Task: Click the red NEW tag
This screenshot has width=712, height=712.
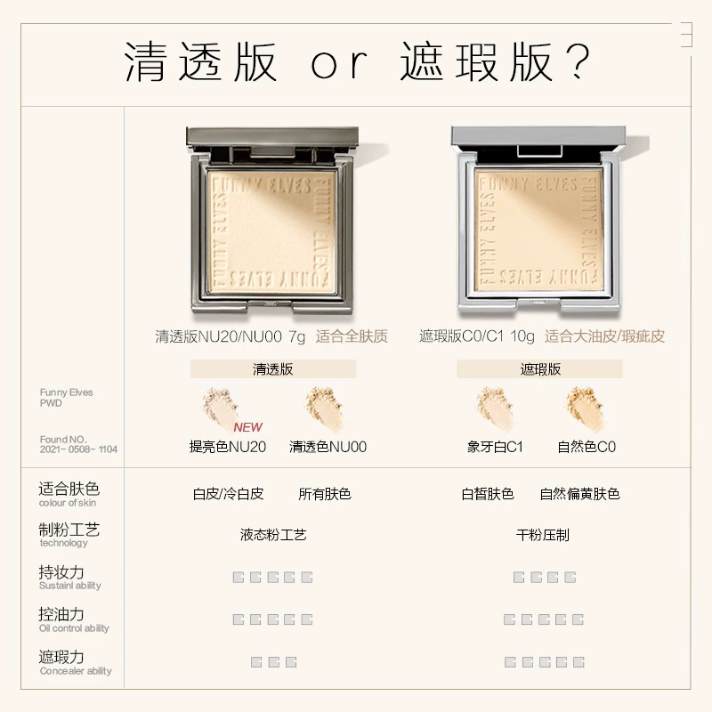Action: [248, 427]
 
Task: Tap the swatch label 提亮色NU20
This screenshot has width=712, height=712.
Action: [228, 447]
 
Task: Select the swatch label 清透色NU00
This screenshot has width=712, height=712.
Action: [328, 447]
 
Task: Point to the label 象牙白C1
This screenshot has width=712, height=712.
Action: [495, 447]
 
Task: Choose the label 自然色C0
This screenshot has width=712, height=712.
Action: [587, 447]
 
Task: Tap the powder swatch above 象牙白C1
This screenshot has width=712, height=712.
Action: [495, 409]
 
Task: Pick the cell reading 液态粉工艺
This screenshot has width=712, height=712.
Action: [273, 535]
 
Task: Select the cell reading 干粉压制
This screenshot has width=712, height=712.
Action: [543, 535]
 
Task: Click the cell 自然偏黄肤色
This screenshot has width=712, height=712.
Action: [580, 494]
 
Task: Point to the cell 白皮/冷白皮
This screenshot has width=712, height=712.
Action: [229, 494]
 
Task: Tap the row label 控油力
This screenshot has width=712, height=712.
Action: [61, 614]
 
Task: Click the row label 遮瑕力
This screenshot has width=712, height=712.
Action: [61, 657]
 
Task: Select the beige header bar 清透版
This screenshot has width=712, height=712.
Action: [273, 369]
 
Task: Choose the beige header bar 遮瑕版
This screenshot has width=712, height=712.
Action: [539, 369]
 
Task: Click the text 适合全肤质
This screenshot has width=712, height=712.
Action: [352, 336]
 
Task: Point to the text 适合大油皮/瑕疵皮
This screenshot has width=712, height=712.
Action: [605, 336]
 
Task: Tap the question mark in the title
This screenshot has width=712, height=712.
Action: [578, 61]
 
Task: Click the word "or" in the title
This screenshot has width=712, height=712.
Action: [339, 64]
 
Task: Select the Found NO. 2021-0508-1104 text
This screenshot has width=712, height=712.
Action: [78, 444]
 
